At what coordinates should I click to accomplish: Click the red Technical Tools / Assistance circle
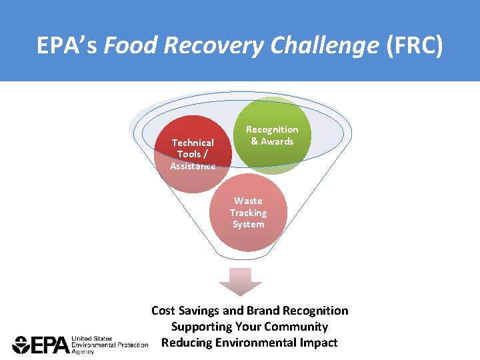[193, 155]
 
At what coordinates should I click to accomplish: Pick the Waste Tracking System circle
[248, 213]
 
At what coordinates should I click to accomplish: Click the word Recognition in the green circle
[272, 129]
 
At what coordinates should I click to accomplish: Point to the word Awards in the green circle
[277, 141]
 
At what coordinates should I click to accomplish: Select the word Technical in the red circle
[193, 143]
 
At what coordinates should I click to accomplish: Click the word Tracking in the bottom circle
[248, 213]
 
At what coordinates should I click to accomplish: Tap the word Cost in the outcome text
[163, 311]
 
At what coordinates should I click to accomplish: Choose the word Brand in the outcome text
[264, 311]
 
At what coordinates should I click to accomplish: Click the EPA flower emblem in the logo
[21, 345]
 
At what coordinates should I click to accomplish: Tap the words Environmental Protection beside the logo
[109, 345]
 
